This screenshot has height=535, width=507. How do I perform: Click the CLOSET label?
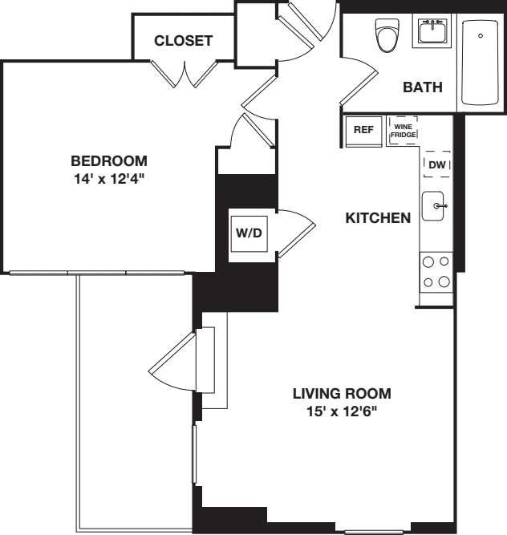coord(184,40)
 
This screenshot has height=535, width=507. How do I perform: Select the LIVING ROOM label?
coord(342,394)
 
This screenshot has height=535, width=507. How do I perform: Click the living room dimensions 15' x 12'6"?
coord(342,412)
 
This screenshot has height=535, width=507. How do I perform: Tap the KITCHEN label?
coord(378,217)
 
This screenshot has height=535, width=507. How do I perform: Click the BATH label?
coord(423,87)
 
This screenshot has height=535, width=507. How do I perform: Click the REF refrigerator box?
coord(363,128)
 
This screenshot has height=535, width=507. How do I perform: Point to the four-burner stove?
coord(436,270)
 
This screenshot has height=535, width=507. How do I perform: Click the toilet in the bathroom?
coord(387,34)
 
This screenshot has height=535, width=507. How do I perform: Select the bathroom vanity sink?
coord(434,32)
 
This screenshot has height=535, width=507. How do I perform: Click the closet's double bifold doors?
coord(185,75)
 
